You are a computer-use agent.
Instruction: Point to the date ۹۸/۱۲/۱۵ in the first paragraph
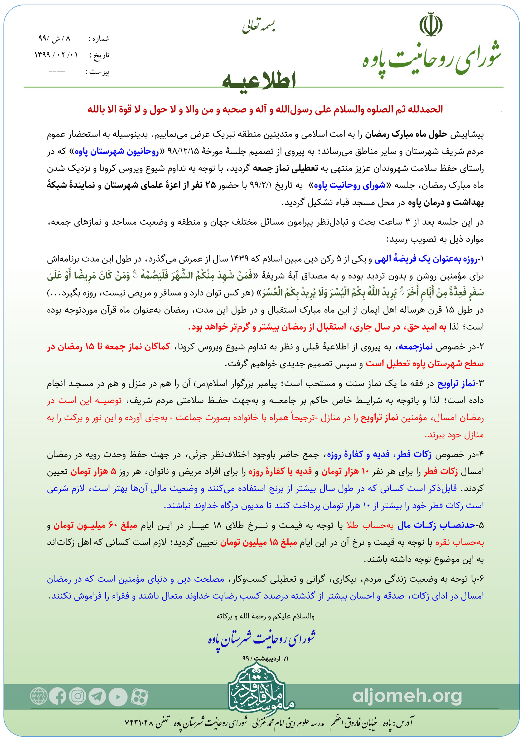(183, 151)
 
